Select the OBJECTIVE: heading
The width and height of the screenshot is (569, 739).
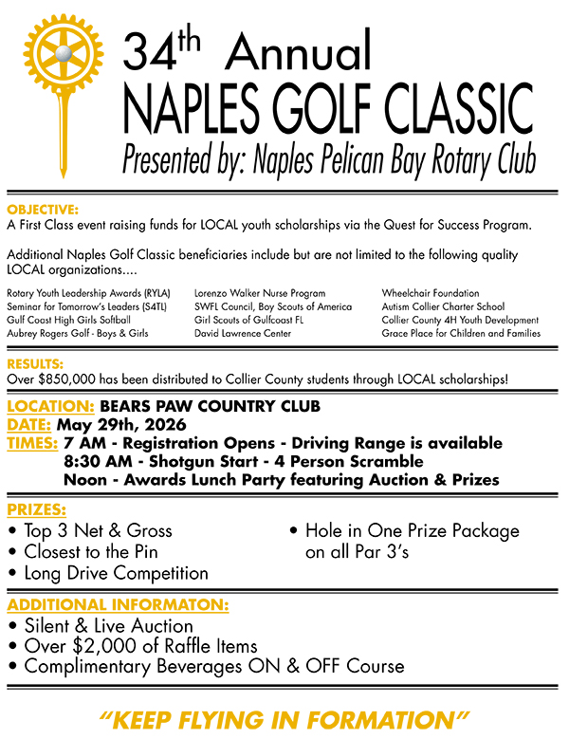pos(43,208)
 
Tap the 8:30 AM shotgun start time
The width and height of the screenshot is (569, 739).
pos(98,461)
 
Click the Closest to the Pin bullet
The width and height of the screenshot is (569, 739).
pos(91,551)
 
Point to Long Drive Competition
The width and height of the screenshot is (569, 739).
pos(116,573)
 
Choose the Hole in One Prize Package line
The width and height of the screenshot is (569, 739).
pos(412,530)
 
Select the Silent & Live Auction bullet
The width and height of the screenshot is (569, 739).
pos(108,625)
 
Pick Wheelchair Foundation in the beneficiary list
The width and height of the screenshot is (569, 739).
pos(431,293)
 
